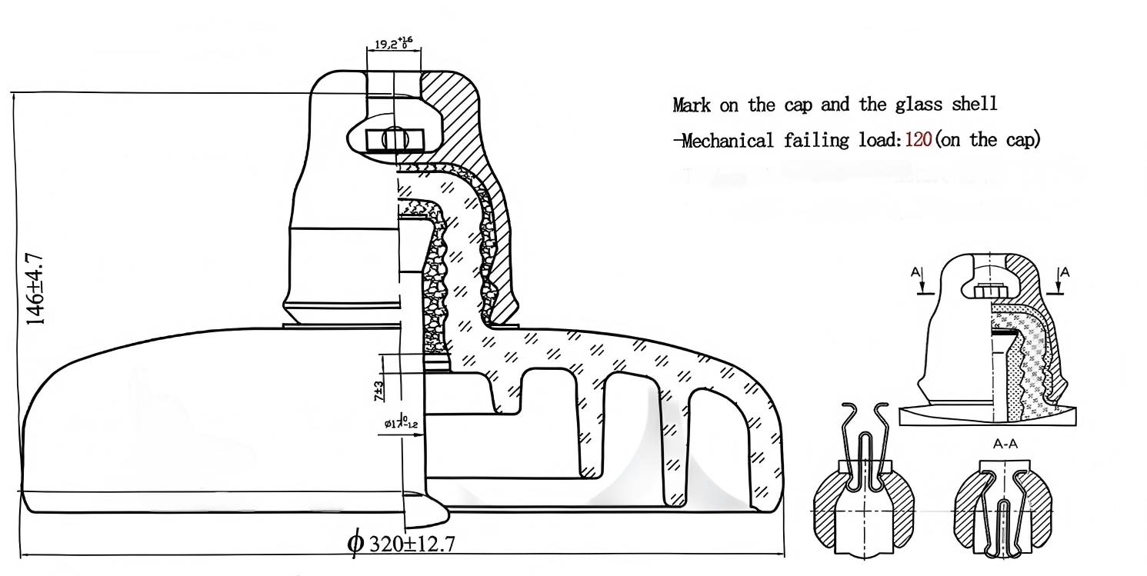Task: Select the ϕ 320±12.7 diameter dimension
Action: coord(401,543)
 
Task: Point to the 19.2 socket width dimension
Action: coord(393,45)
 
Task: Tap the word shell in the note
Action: coord(977,104)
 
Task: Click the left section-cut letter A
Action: coord(915,272)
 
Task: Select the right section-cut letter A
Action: coord(1065,272)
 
